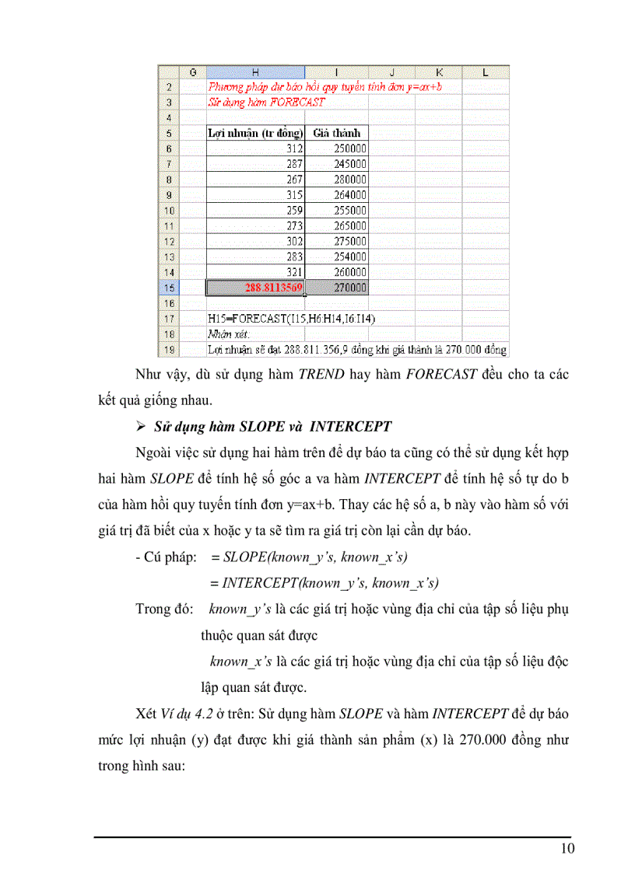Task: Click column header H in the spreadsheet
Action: [254, 72]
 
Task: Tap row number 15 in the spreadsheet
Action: [169, 288]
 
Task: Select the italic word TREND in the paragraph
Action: [318, 374]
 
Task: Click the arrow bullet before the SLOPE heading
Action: [141, 426]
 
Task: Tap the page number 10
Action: [567, 848]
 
